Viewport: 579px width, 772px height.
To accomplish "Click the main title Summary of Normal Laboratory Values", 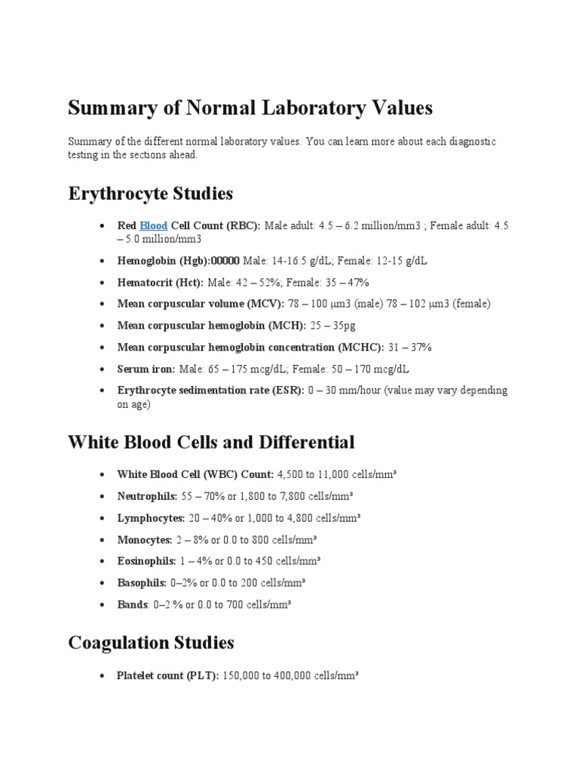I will (x=250, y=108).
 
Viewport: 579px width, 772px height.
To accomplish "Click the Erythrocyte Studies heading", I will (x=150, y=194).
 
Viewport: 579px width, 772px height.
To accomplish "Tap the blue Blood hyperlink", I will (x=153, y=225).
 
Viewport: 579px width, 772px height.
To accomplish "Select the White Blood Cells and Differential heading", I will (x=211, y=441).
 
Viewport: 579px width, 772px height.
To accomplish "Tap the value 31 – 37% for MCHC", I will (x=409, y=347).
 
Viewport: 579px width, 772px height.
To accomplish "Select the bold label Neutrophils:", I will (x=147, y=496).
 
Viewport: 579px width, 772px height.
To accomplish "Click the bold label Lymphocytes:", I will (x=151, y=518).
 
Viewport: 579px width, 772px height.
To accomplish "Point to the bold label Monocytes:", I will (x=145, y=540).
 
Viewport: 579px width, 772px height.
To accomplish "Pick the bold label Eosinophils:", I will (x=146, y=561).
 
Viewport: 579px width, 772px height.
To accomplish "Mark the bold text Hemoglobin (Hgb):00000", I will (x=179, y=260).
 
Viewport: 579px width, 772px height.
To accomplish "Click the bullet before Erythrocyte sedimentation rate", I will (x=101, y=391).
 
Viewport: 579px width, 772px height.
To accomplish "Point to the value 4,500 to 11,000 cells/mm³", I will (x=338, y=475).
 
